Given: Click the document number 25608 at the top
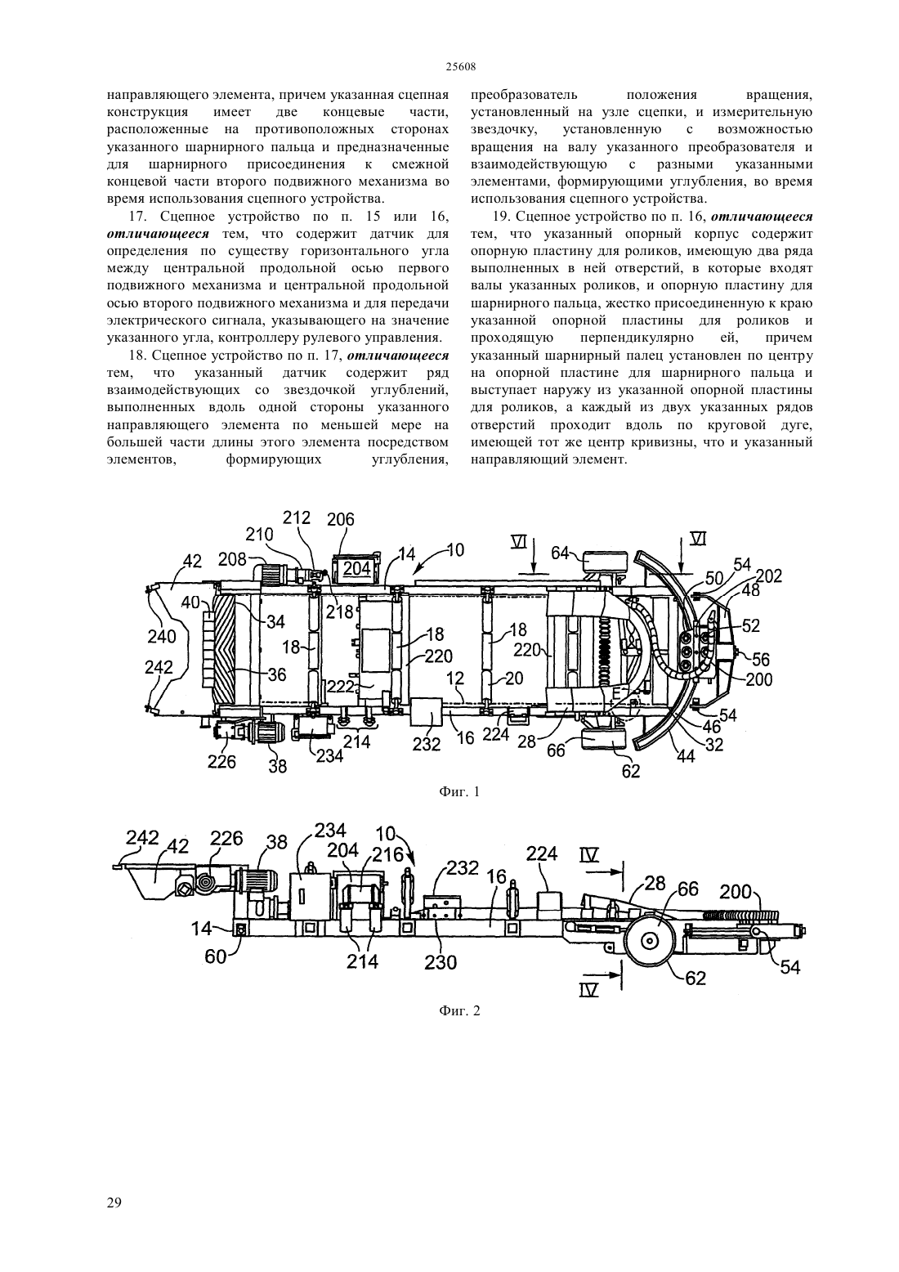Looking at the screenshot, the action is (x=460, y=66).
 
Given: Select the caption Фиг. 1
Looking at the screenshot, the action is (x=459, y=791).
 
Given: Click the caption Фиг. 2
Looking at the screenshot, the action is (x=459, y=1011).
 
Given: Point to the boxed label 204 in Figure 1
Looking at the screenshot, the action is (x=356, y=568).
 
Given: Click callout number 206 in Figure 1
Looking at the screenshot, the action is (x=341, y=520).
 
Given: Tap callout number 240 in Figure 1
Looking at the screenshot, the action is (x=163, y=637).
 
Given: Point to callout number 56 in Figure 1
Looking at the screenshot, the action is (x=761, y=659).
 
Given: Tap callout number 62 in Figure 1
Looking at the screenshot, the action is (x=631, y=771).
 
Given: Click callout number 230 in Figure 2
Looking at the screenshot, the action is (x=441, y=962).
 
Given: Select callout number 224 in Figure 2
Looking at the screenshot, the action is (x=542, y=854).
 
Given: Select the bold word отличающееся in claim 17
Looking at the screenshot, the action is (x=158, y=234).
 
